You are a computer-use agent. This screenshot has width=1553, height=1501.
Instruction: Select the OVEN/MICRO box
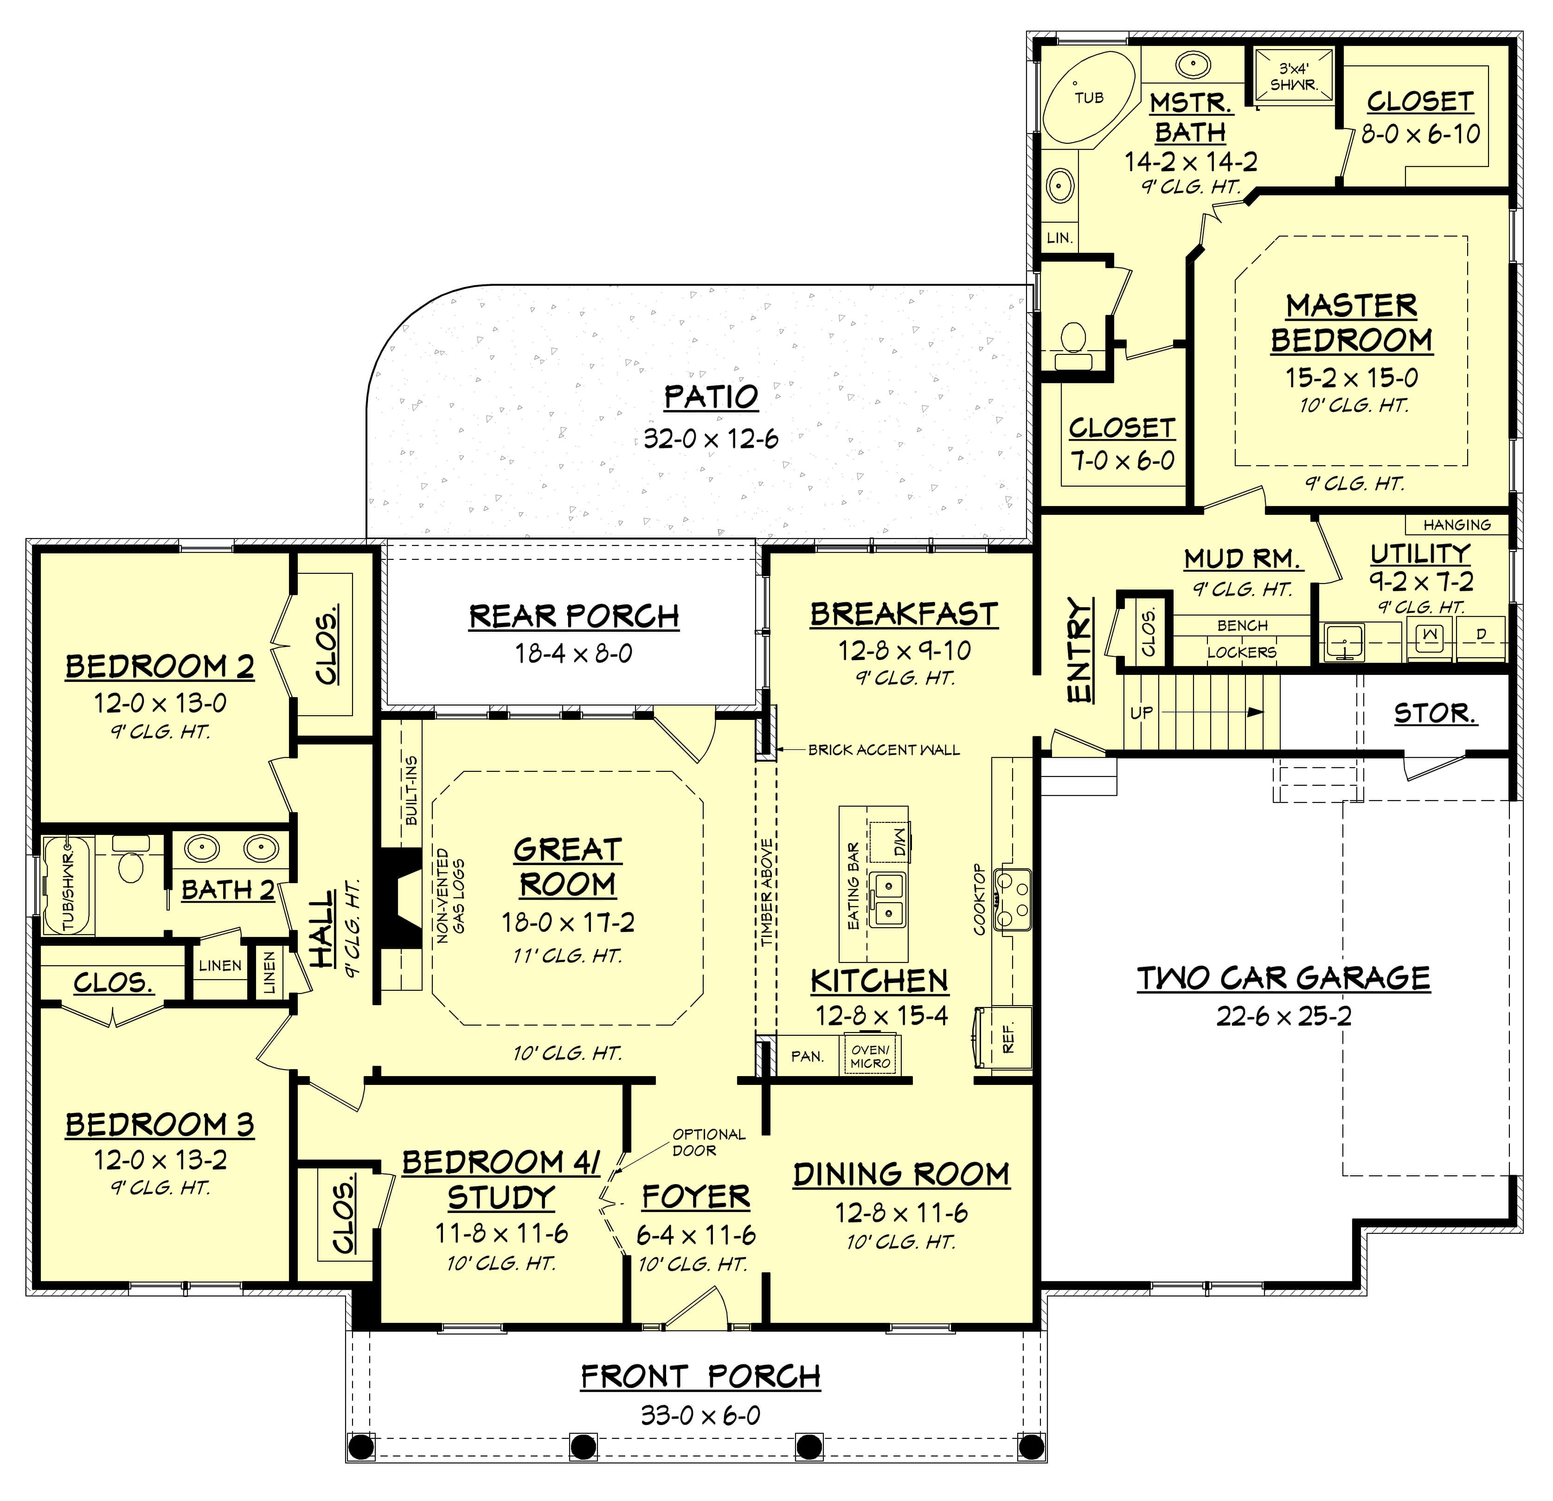(870, 1057)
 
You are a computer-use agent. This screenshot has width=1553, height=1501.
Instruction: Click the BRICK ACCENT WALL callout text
(884, 750)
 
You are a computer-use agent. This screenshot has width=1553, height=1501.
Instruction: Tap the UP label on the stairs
(1141, 712)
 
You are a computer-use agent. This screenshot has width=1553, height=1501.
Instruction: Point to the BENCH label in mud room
(1242, 625)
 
